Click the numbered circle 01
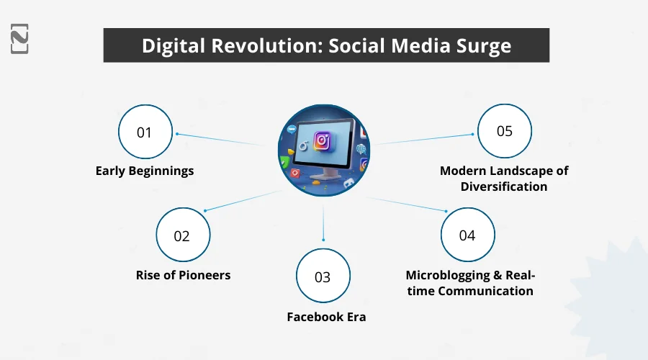(145, 132)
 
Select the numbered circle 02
(183, 235)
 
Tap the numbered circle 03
(323, 276)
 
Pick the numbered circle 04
(467, 235)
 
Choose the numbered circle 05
(504, 131)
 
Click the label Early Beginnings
(145, 171)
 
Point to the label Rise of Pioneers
(183, 275)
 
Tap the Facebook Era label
(326, 317)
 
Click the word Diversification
(504, 187)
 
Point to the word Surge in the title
(482, 46)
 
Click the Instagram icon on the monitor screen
(323, 140)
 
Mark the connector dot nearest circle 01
(177, 134)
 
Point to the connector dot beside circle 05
(472, 132)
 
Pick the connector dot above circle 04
(446, 211)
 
